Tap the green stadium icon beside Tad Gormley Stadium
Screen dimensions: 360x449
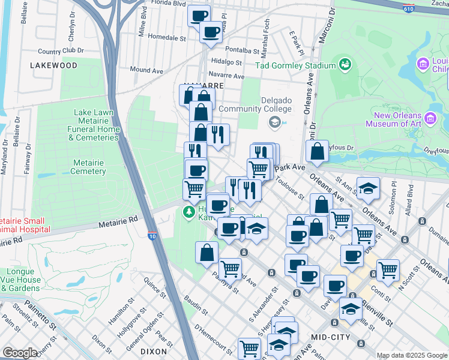click(345, 64)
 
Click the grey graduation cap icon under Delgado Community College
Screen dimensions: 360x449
click(274, 122)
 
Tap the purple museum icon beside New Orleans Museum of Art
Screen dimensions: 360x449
click(430, 118)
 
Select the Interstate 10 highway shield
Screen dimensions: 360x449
click(152, 236)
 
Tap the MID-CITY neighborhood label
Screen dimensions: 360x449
click(328, 331)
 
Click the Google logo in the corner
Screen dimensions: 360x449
click(20, 353)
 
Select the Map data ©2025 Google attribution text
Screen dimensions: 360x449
click(411, 355)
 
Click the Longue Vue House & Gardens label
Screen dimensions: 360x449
click(23, 280)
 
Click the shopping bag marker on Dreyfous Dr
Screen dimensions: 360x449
click(317, 152)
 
